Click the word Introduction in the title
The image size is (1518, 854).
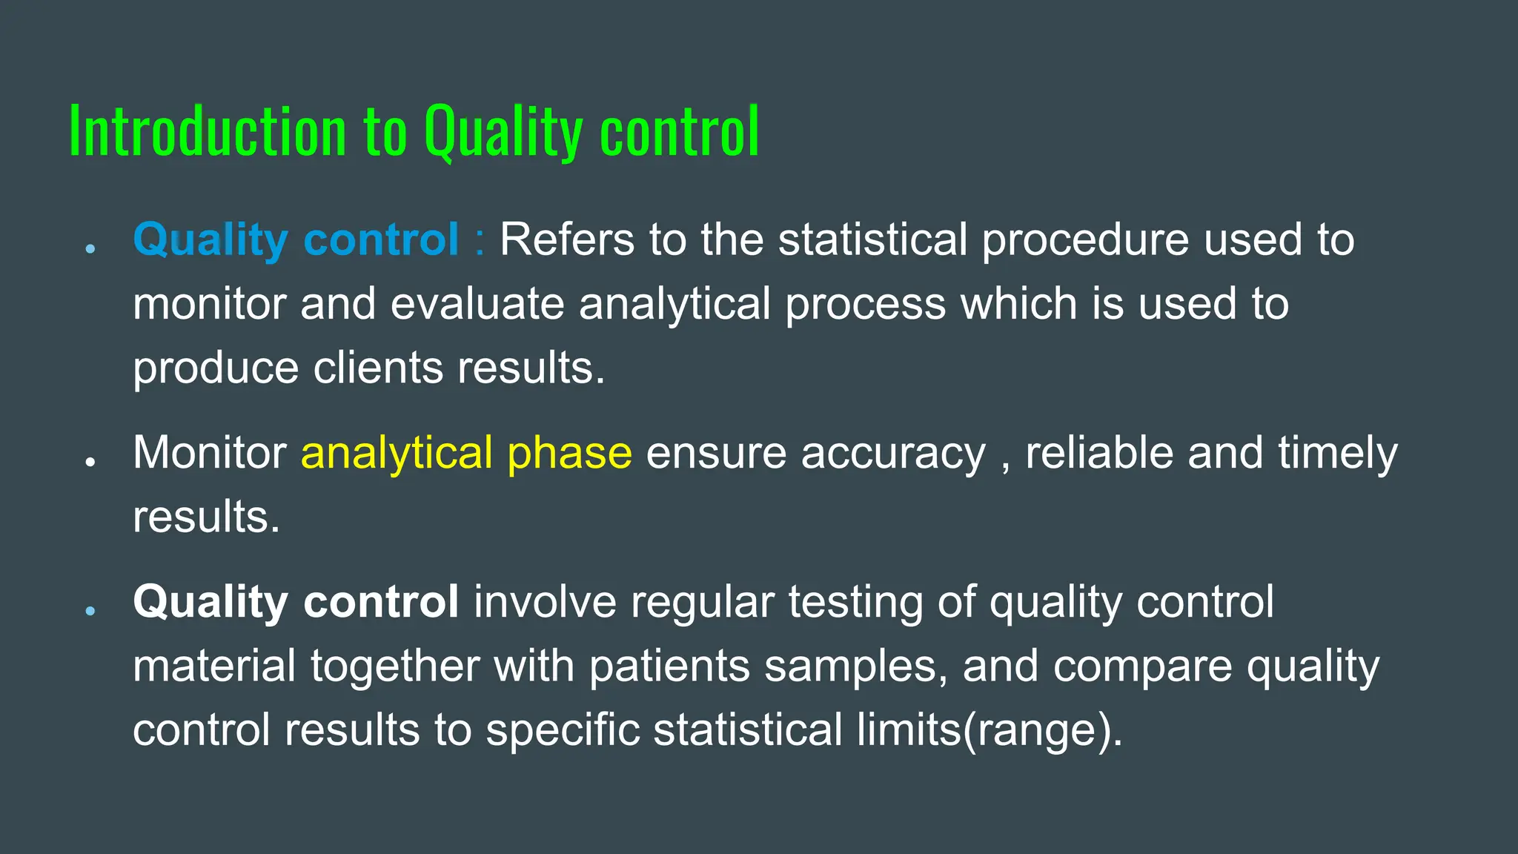208,132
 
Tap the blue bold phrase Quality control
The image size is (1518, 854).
296,239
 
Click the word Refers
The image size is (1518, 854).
567,239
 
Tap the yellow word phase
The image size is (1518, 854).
569,454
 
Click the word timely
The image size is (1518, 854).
1338,454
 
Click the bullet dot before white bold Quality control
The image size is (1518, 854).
90,611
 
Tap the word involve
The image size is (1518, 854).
545,601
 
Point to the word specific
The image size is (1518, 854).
563,730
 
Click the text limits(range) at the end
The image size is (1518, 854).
989,730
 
